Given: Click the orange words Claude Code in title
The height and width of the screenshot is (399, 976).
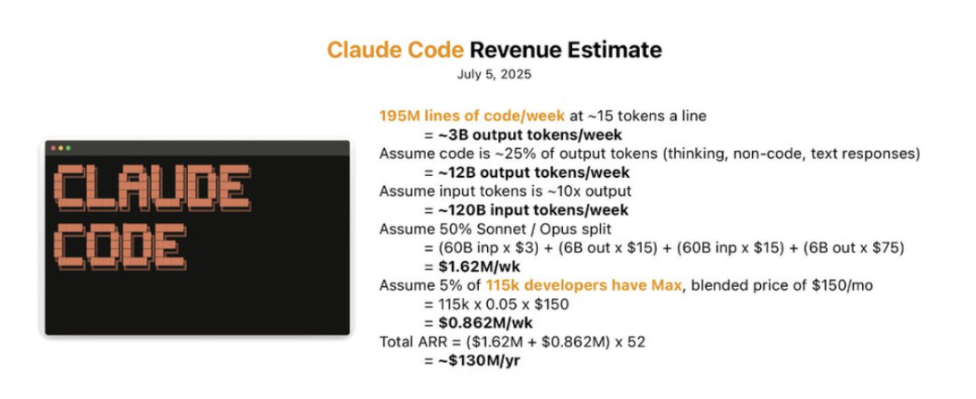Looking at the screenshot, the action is tap(395, 50).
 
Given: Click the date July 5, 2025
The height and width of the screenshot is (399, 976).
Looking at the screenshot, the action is tap(494, 75).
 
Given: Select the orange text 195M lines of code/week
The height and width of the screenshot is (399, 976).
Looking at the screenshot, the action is tap(473, 116).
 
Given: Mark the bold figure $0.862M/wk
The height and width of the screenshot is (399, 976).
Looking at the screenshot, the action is tap(478, 323).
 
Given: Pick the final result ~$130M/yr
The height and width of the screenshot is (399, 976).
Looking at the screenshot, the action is tap(472, 360).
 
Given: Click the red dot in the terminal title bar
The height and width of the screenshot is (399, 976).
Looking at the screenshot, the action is tap(53, 148).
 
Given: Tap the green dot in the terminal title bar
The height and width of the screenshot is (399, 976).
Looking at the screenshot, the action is tap(68, 148).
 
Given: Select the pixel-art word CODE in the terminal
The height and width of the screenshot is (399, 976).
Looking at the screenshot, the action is tap(119, 249).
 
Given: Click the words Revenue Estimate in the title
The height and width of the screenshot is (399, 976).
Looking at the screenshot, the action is tap(565, 50).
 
